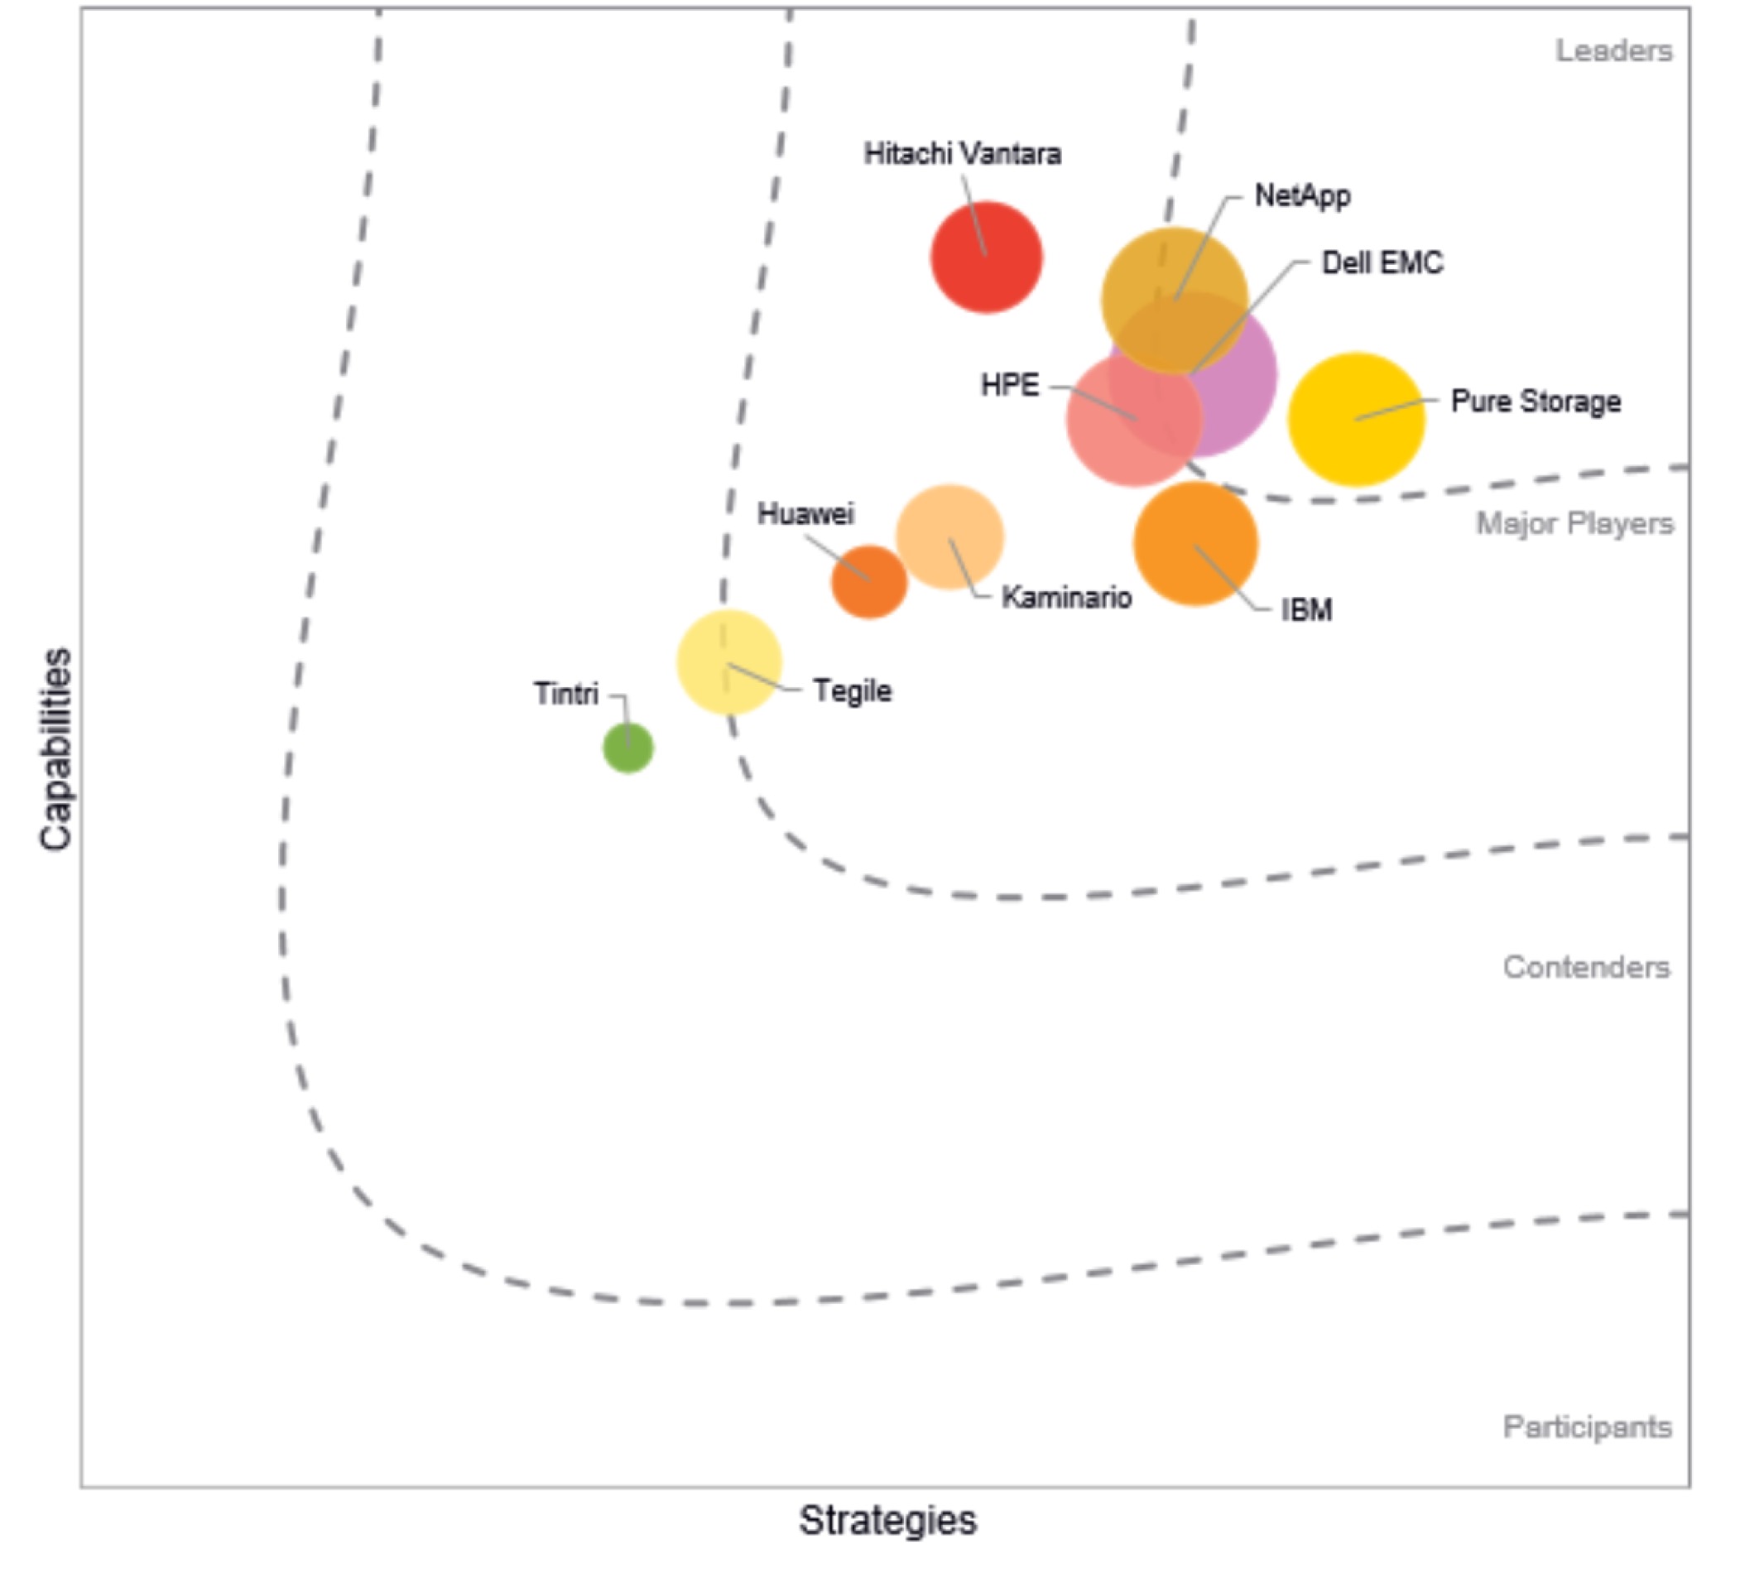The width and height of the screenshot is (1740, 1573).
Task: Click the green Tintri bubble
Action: click(627, 748)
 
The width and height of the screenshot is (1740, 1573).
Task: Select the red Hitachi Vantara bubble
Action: click(986, 257)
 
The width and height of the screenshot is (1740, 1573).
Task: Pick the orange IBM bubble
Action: click(1195, 543)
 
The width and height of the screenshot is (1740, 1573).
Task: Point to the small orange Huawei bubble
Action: click(869, 581)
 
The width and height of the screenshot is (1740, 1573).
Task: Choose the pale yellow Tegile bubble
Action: click(728, 662)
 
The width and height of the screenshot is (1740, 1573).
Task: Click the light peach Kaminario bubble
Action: click(949, 536)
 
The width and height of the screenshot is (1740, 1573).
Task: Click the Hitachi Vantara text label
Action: click(963, 155)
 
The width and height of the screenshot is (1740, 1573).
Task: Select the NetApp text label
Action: click(1301, 196)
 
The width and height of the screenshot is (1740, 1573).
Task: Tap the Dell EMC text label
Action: click(1382, 262)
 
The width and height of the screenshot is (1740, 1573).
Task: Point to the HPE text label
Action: click(1010, 385)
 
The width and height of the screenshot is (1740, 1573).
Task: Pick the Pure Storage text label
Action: click(1536, 402)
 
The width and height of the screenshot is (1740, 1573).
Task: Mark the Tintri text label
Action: click(565, 693)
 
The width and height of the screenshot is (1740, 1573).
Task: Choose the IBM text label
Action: click(1307, 610)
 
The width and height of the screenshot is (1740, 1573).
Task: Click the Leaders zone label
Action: click(1613, 51)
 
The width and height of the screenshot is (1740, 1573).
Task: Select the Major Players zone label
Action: click(1574, 523)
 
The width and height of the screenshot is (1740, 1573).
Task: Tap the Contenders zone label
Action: click(1586, 967)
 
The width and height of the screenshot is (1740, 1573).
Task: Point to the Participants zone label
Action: click(1587, 1427)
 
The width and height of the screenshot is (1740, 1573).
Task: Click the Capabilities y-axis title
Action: click(56, 749)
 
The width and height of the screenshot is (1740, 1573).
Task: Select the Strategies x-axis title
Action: click(887, 1519)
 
